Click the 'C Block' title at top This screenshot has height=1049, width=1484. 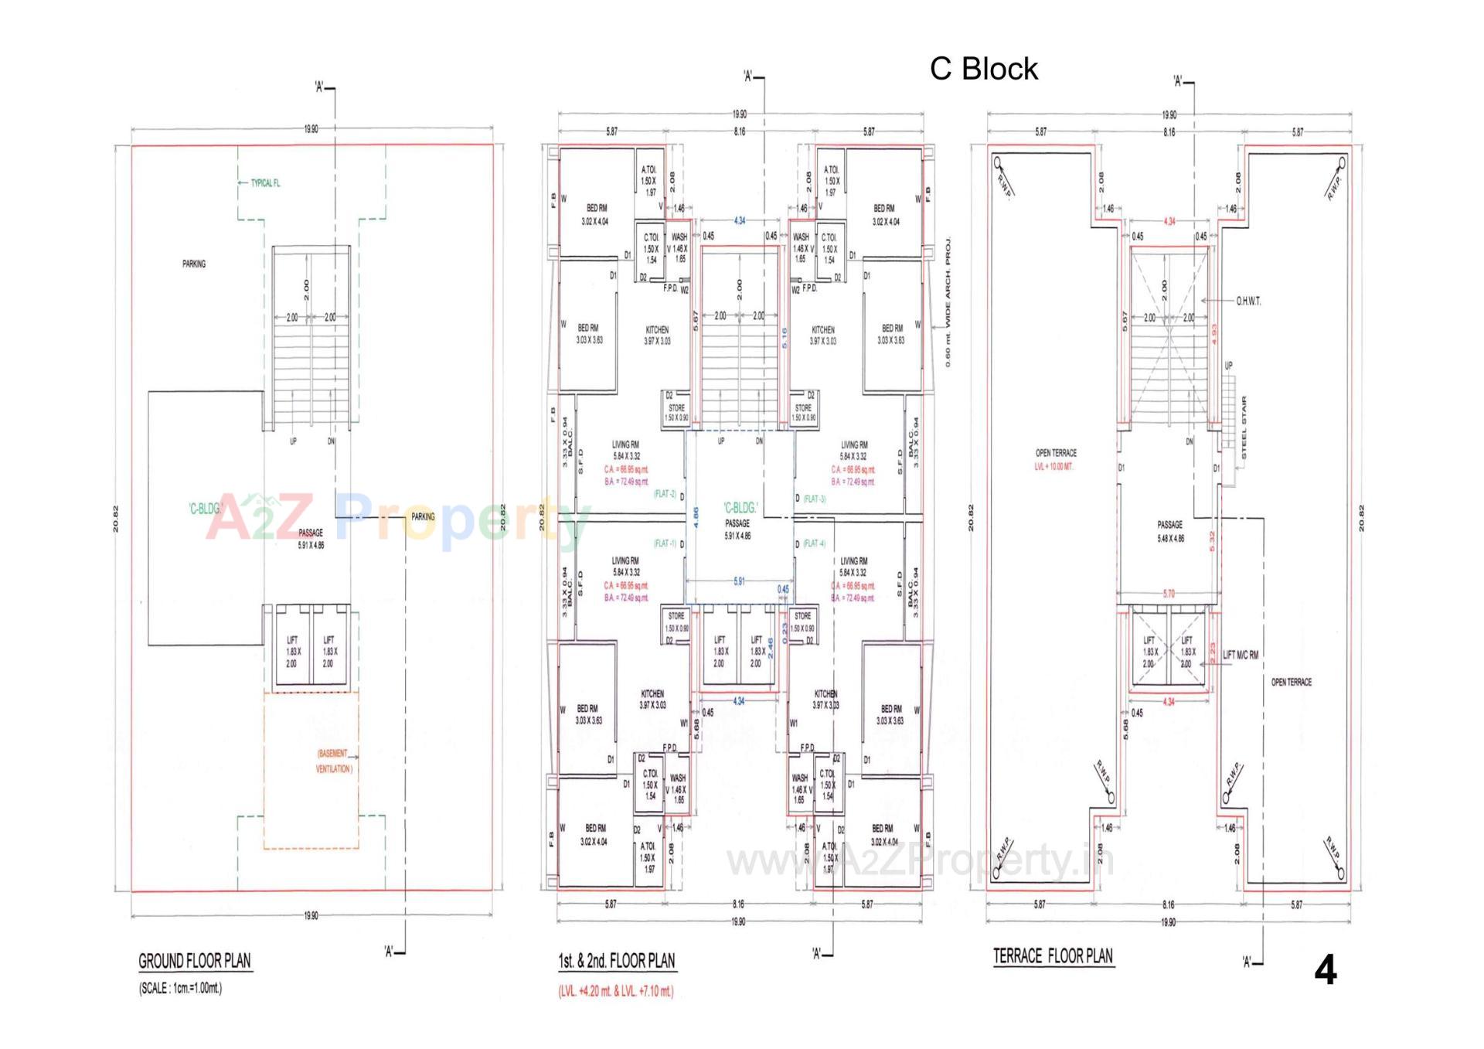pyautogui.click(x=983, y=69)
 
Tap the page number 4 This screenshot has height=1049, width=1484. pyautogui.click(x=1325, y=969)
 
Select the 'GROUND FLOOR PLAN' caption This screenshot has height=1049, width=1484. pyautogui.click(x=195, y=961)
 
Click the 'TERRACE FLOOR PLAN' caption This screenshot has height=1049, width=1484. pyautogui.click(x=1053, y=956)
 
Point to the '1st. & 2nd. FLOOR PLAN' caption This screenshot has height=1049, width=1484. pyautogui.click(x=617, y=960)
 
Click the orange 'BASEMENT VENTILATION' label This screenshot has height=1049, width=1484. pyautogui.click(x=334, y=761)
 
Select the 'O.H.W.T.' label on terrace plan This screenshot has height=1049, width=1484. pyautogui.click(x=1248, y=301)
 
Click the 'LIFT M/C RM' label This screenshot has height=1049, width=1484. pyautogui.click(x=1241, y=655)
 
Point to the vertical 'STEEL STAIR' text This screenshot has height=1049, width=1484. pyautogui.click(x=1244, y=428)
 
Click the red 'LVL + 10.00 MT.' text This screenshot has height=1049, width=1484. pyautogui.click(x=1055, y=467)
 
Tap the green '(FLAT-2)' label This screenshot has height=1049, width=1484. pyautogui.click(x=665, y=493)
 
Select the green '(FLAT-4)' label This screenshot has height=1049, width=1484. pyautogui.click(x=815, y=543)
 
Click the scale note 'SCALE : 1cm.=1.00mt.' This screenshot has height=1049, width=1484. pyautogui.click(x=180, y=988)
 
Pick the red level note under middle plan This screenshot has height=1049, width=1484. pyautogui.click(x=616, y=991)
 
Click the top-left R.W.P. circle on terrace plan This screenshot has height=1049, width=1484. pyautogui.click(x=998, y=163)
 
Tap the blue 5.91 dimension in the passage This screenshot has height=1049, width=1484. pyautogui.click(x=739, y=581)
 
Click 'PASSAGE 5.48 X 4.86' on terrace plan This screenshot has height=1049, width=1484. pyautogui.click(x=1169, y=531)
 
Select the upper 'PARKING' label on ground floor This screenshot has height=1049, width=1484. pyautogui.click(x=194, y=264)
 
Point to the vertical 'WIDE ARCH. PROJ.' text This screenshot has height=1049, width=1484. pyautogui.click(x=948, y=301)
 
